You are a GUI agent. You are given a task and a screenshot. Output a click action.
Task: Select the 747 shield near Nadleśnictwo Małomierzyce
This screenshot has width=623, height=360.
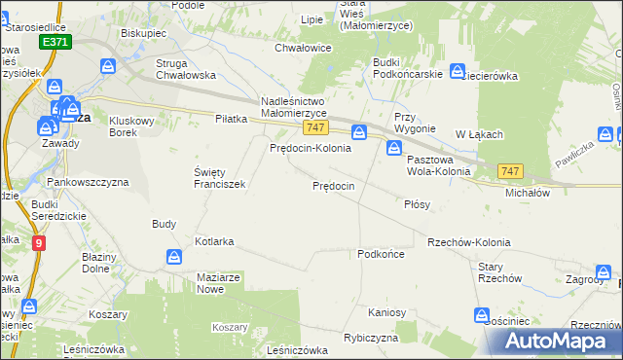click(x=313, y=127)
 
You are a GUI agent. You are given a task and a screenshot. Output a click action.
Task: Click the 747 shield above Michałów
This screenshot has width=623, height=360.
click(x=510, y=171)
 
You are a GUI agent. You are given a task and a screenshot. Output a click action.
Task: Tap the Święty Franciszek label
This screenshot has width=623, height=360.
click(x=219, y=177)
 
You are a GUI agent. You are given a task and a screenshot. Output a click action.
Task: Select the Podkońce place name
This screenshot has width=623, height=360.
click(x=381, y=253)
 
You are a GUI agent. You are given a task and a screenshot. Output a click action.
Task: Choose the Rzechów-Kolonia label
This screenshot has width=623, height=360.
click(x=468, y=242)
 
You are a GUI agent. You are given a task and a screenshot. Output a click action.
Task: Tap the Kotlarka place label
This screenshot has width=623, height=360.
click(x=215, y=240)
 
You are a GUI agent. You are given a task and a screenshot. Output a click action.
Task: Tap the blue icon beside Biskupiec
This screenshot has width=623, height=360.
click(x=108, y=66)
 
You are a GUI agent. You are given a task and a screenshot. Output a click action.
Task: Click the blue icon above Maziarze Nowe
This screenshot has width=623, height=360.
click(x=173, y=257)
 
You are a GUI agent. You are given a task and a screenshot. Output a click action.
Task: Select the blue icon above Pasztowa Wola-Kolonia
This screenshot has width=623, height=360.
click(x=394, y=148)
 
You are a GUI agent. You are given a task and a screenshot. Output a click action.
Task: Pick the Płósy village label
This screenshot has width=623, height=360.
click(x=417, y=205)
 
